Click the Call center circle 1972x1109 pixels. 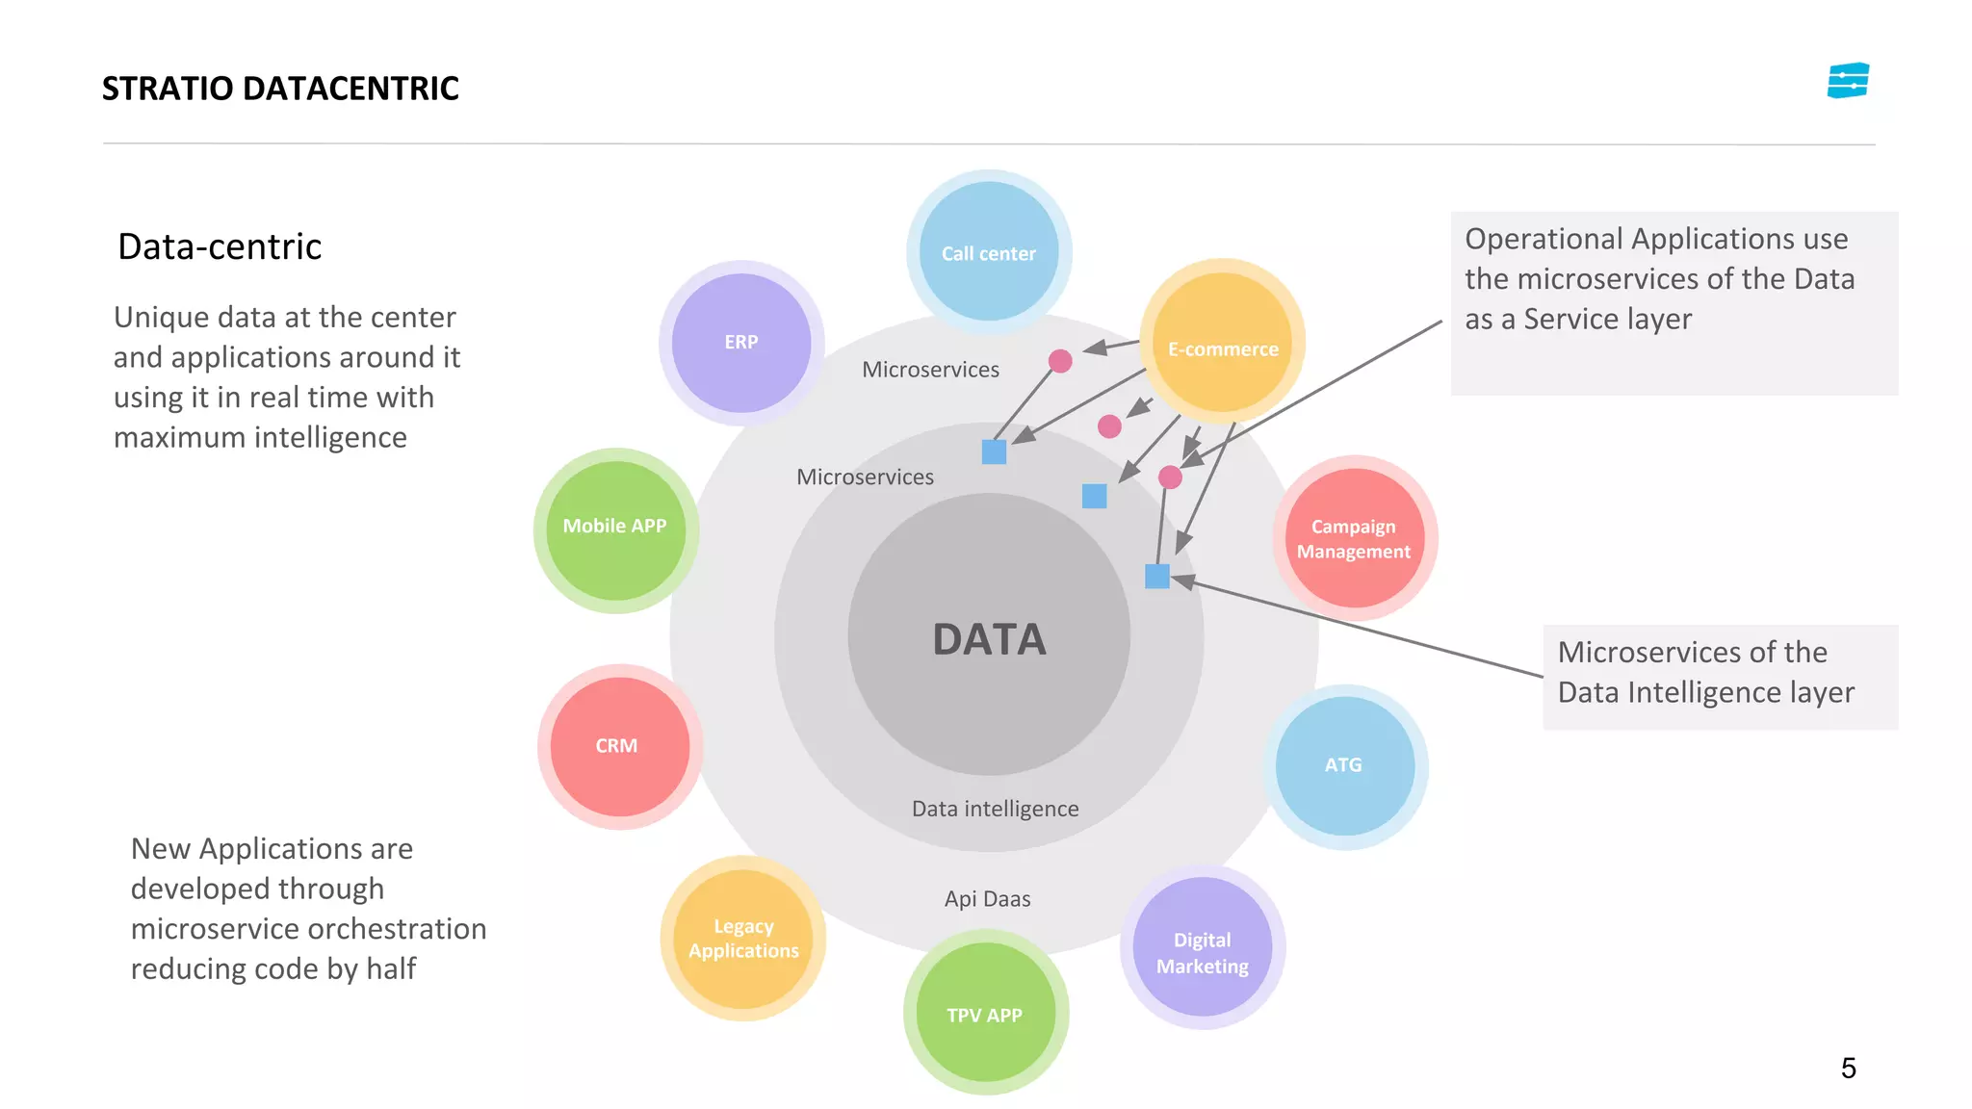989,252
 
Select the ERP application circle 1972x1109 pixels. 741,343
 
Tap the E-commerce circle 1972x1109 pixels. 1223,343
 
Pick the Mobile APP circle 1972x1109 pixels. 615,529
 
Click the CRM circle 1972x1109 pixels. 619,746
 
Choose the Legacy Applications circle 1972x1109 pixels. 743,939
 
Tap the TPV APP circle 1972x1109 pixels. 985,1013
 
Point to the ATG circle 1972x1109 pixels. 1344,766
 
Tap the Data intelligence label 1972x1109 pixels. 995,809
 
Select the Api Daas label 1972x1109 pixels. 987,899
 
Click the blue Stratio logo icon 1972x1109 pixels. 1848,81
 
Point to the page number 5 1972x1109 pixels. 1848,1069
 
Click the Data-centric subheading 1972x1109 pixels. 220,247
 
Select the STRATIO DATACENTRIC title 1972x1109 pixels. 280,89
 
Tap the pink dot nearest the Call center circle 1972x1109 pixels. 1060,361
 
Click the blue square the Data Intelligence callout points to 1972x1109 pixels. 1157,577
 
